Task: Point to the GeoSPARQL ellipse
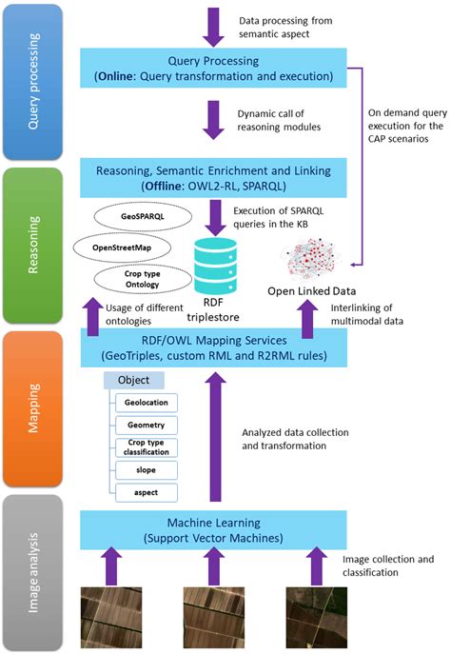pos(138,217)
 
